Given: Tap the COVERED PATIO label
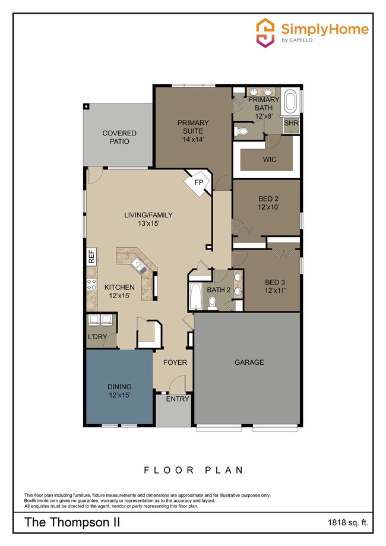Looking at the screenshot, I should (x=119, y=137).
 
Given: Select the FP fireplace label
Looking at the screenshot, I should (x=198, y=183).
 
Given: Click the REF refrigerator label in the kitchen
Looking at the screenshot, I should (x=91, y=257).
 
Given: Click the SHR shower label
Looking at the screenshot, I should (x=291, y=123).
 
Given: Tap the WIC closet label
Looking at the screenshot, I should (x=270, y=160).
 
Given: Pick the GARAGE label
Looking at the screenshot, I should (x=249, y=362).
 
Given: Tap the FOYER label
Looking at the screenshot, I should (x=175, y=362).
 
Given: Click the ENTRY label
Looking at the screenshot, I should (x=177, y=399).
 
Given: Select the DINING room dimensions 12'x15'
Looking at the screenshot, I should (x=119, y=394).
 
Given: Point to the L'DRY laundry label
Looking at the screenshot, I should (x=97, y=336).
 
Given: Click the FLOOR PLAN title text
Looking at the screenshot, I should (x=193, y=470).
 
